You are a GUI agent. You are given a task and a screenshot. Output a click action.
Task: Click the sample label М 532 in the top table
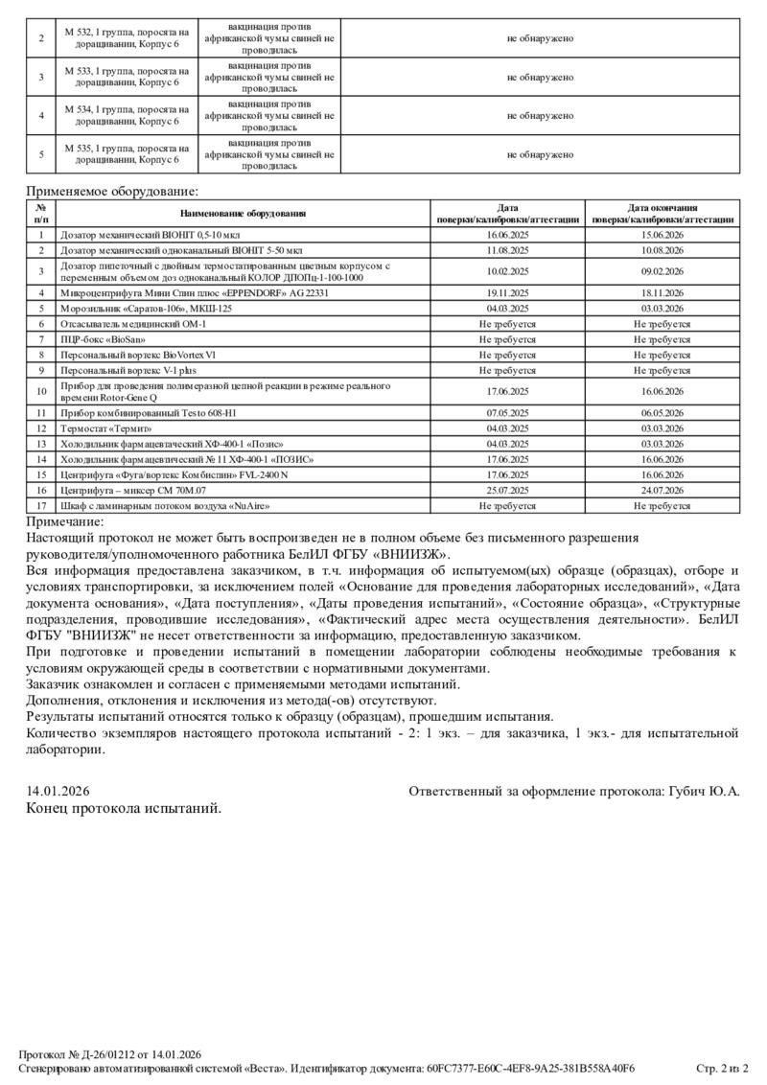78,32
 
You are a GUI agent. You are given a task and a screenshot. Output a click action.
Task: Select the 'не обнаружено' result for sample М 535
540,154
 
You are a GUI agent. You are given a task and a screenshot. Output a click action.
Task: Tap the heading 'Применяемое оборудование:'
112,192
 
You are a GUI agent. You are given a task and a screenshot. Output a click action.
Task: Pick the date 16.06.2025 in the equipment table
508,234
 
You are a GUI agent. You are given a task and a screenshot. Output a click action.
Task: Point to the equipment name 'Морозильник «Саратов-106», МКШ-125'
146,309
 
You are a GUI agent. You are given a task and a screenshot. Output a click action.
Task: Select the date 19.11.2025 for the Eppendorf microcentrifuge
508,292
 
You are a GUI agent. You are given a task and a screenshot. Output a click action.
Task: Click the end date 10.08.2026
662,249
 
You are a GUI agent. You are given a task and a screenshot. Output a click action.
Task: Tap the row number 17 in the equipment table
41,505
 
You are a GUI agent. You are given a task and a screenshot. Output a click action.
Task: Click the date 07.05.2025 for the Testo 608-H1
508,413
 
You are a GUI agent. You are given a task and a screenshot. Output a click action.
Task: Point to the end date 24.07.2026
662,490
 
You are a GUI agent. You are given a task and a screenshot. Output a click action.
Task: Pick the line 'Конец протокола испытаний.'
124,808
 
